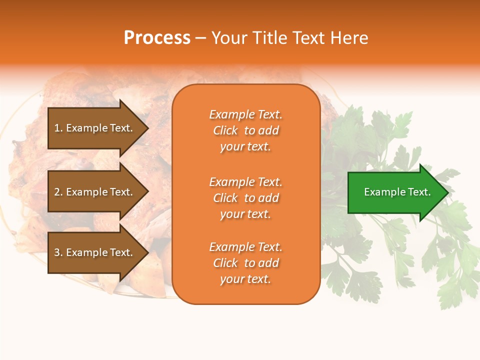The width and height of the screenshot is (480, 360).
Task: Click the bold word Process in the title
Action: (157, 38)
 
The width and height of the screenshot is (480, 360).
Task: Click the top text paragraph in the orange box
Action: (245, 130)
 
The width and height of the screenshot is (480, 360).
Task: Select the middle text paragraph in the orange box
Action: (245, 198)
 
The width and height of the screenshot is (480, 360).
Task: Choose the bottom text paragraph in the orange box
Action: (245, 263)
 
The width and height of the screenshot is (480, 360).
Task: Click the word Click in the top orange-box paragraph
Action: (225, 130)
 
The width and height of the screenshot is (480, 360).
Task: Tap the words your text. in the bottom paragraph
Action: (245, 279)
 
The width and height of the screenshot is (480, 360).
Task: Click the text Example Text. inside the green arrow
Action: (397, 192)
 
